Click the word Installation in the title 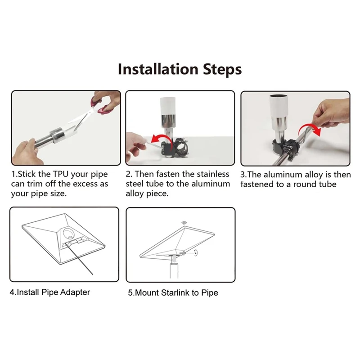[x=158, y=69]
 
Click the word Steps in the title [x=222, y=70]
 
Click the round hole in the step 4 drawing [x=69, y=233]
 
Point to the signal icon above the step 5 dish [x=184, y=222]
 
